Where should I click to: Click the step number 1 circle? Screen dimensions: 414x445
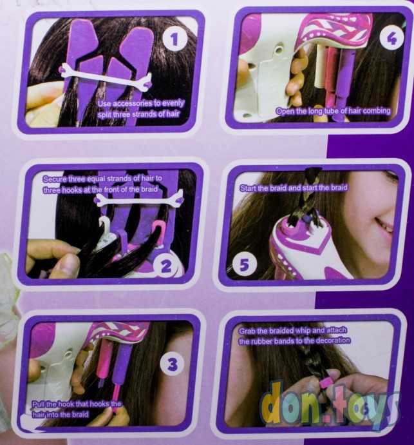(174, 39)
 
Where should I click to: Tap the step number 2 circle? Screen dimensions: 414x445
(166, 266)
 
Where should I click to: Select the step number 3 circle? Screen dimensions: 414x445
(173, 364)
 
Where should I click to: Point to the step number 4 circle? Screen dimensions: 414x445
(391, 38)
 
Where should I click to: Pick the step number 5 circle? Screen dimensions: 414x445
(245, 264)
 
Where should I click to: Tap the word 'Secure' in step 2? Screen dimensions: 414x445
(55, 179)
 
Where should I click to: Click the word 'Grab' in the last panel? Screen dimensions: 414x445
(247, 331)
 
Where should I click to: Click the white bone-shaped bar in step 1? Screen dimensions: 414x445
(106, 77)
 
